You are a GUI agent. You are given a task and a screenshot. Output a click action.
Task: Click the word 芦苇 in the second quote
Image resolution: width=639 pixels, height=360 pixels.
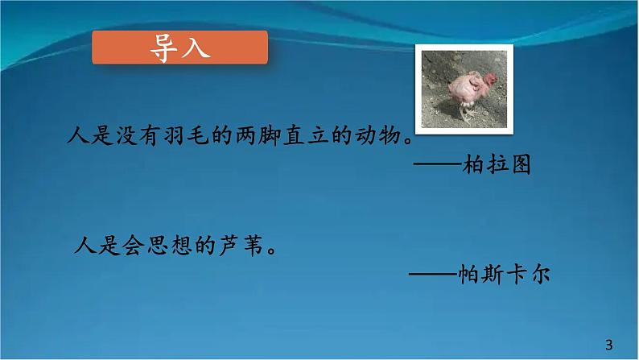pos(245,244)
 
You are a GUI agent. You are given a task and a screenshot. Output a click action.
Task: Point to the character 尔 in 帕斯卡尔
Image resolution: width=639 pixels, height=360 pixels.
pos(542,272)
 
